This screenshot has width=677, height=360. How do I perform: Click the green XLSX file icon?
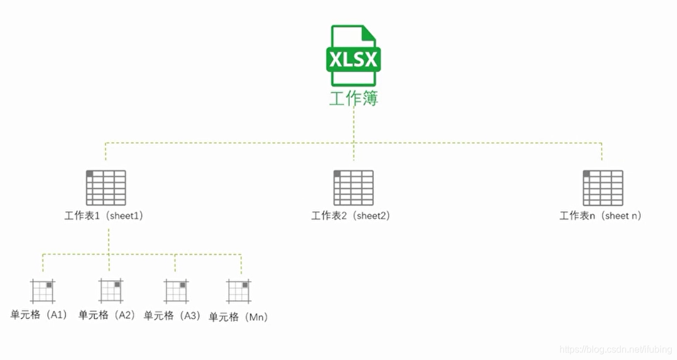353,56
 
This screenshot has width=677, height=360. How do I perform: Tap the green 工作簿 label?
353,98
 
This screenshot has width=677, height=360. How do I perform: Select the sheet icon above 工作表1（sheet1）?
106,187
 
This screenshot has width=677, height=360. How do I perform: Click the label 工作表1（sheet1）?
104,215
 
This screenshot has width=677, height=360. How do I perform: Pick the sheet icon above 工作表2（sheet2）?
353,187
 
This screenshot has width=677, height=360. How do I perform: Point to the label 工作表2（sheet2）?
350,215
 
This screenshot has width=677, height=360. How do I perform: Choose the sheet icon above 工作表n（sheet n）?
603,187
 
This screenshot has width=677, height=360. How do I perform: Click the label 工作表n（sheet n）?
600,215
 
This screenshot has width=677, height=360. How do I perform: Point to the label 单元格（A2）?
108,315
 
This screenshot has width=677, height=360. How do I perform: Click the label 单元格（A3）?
173,316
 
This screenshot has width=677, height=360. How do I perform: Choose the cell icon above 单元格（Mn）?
239,291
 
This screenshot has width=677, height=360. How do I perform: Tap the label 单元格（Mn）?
238,317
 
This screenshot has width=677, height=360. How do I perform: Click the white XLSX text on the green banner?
353,60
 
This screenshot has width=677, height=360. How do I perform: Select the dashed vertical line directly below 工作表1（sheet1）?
109,240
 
